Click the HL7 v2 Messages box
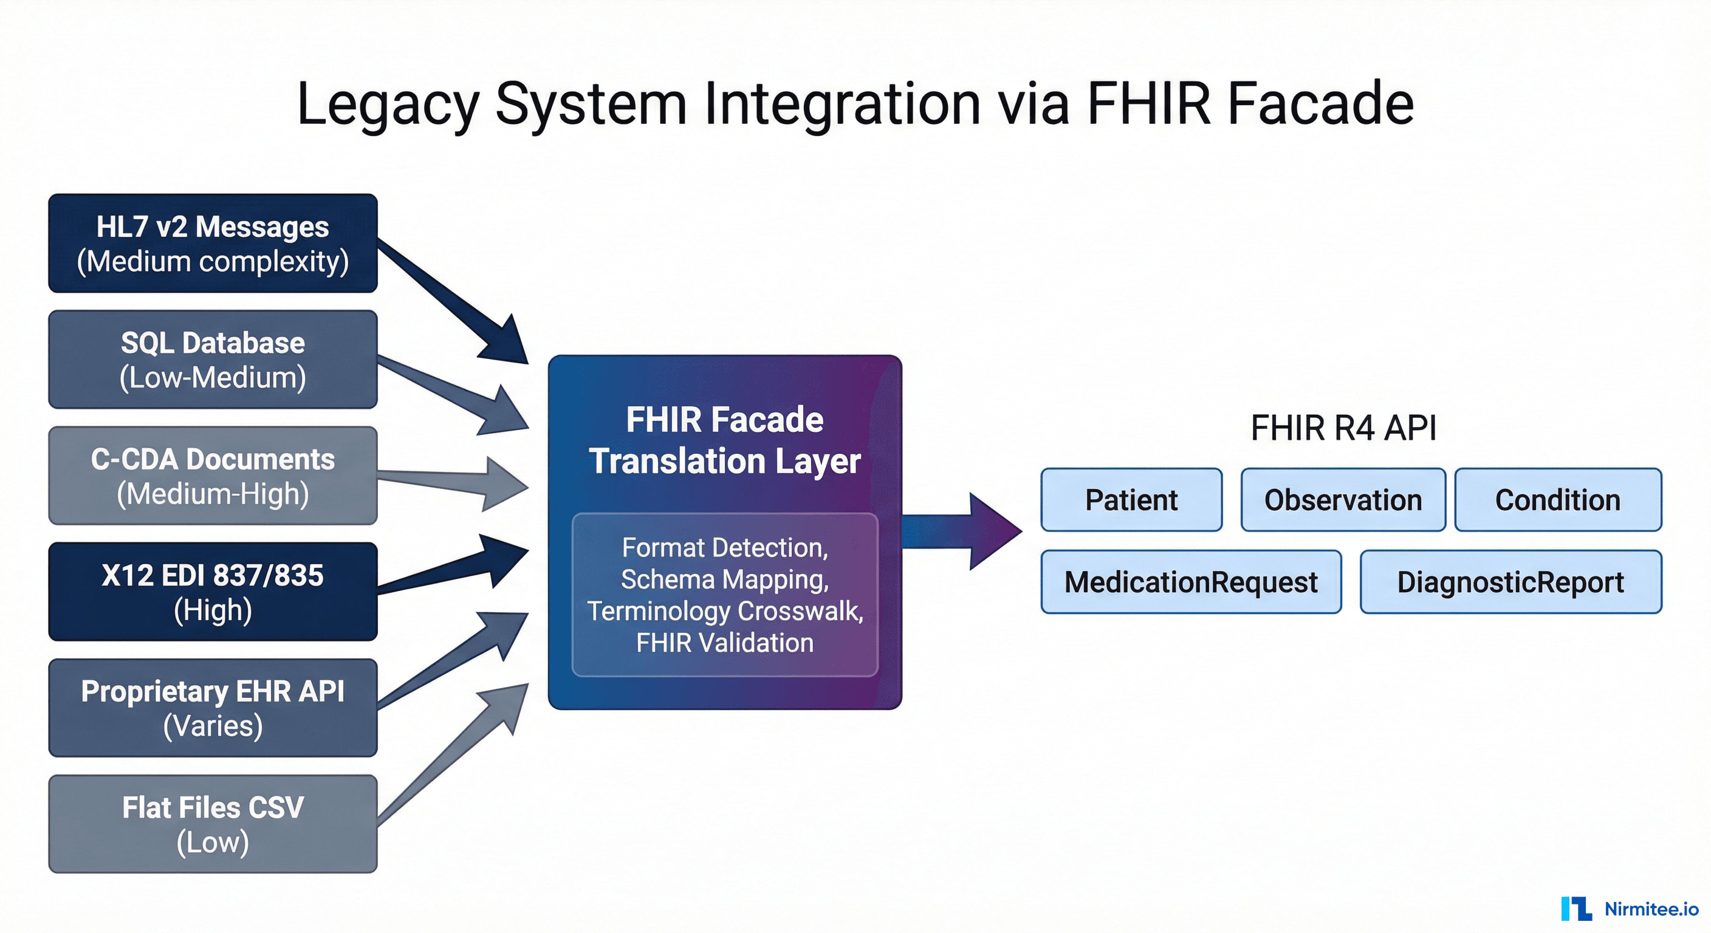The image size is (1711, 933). [213, 243]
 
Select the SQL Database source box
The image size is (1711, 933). [213, 359]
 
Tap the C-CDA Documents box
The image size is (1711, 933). [213, 476]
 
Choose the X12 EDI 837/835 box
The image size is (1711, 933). [213, 592]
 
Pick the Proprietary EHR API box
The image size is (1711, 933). [213, 708]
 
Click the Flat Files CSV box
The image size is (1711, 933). [213, 824]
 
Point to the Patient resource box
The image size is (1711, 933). [1131, 500]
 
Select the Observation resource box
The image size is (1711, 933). [1343, 500]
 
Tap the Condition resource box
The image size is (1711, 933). [1557, 500]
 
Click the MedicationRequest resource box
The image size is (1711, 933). [1191, 582]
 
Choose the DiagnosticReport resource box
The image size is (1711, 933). [1510, 582]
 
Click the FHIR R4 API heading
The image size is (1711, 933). [1343, 428]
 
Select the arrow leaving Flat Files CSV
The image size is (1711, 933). [451, 757]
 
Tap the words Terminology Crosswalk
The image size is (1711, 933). [725, 611]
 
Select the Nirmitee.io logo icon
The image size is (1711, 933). [1576, 909]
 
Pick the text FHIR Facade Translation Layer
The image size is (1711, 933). [725, 440]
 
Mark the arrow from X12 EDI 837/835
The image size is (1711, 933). [451, 570]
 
